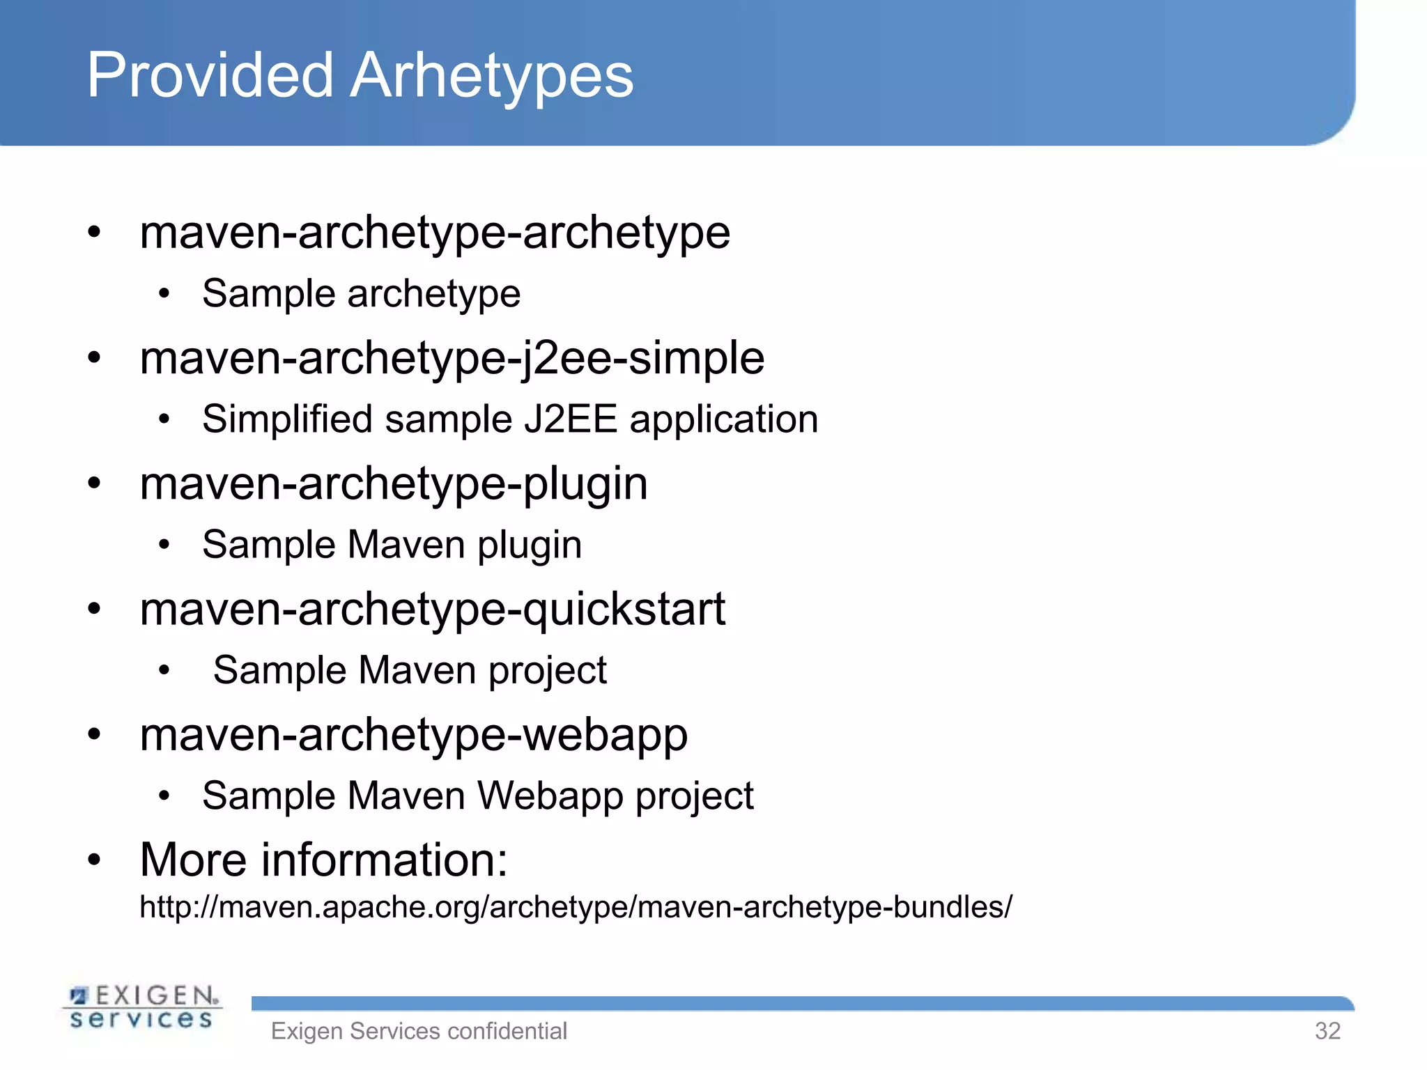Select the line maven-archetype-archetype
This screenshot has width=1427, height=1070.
tap(435, 233)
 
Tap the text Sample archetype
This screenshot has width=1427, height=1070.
tap(361, 293)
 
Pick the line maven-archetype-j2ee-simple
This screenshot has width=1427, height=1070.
tap(452, 358)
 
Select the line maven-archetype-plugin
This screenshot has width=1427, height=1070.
tap(394, 483)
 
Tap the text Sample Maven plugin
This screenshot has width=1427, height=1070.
tap(392, 545)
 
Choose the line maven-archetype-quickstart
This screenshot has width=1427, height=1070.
tap(432, 609)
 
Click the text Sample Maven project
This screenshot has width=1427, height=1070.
tap(410, 670)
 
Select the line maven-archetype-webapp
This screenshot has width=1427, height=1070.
tap(413, 734)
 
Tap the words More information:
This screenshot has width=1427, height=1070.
tap(323, 860)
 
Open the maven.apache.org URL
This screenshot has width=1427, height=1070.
tap(576, 907)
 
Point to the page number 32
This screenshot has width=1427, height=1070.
tap(1327, 1031)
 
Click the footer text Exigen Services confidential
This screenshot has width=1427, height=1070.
tap(419, 1031)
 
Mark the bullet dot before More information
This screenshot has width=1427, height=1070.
tap(94, 860)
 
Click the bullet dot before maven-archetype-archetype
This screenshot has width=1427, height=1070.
tap(94, 232)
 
